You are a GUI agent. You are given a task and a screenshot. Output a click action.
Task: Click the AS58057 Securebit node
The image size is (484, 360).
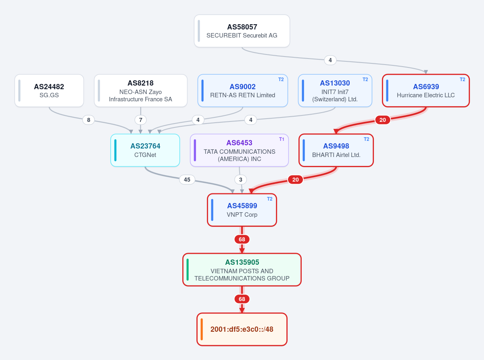[x=242, y=31]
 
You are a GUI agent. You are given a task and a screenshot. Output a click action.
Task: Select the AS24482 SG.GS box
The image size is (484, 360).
[x=49, y=91]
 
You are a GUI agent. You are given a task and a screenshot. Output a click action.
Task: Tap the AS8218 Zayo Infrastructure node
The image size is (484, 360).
[x=140, y=91]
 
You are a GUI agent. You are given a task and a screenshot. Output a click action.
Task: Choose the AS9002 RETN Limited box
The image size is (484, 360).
[x=243, y=91]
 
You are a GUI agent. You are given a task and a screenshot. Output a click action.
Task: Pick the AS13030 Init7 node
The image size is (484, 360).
[x=335, y=91]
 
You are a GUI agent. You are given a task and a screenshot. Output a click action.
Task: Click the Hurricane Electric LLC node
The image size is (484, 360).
[x=426, y=91]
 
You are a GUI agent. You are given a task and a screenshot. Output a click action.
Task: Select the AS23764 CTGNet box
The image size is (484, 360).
[x=145, y=150]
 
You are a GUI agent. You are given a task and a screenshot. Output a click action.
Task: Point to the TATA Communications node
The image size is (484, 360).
[x=240, y=150]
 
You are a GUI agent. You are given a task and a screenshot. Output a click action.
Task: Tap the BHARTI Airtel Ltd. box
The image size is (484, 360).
[x=336, y=150]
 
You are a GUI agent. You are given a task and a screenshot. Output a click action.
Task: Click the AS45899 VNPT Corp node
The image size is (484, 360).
[x=242, y=210]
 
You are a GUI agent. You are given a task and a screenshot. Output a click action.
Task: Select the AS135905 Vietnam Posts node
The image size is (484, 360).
[x=242, y=270]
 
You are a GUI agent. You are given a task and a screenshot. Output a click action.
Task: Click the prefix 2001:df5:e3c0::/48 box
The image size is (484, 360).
[x=242, y=329]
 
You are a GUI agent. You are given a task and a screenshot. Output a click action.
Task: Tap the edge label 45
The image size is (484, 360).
[x=187, y=180]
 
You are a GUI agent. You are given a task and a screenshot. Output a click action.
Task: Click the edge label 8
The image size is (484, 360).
[x=89, y=120]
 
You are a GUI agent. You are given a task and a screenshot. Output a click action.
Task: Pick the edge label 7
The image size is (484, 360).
[x=140, y=120]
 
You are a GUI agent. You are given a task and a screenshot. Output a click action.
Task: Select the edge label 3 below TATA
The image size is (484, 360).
[x=241, y=180]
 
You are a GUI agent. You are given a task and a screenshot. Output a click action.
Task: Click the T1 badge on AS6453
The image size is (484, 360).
[x=282, y=139]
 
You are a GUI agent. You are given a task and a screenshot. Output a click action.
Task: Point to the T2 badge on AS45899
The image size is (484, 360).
[x=270, y=199]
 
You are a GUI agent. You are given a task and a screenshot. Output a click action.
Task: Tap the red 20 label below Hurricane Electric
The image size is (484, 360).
[x=382, y=120]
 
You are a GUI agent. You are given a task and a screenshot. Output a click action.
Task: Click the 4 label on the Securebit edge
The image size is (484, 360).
[x=330, y=60]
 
